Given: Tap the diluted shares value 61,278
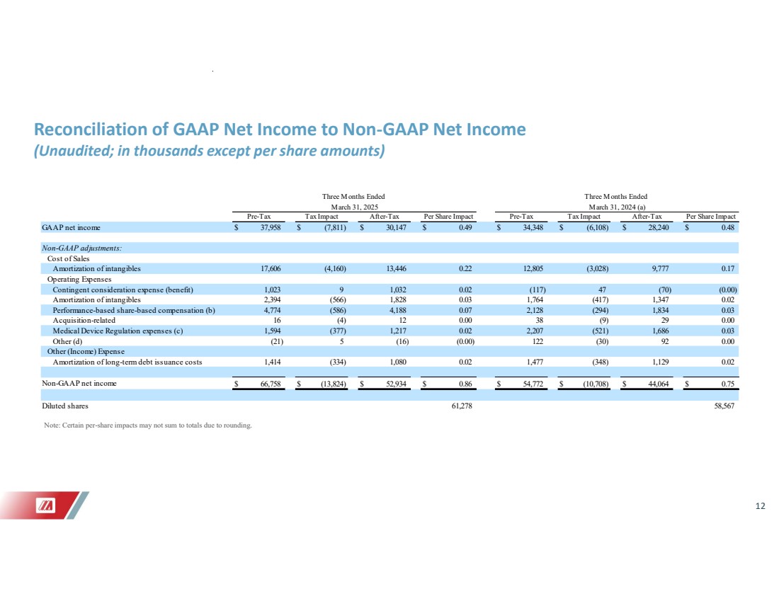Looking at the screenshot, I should [x=460, y=407].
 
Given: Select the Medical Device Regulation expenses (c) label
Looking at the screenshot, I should [x=118, y=330].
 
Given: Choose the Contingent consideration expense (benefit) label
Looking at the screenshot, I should [x=123, y=289].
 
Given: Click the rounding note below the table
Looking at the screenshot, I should [x=147, y=425].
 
